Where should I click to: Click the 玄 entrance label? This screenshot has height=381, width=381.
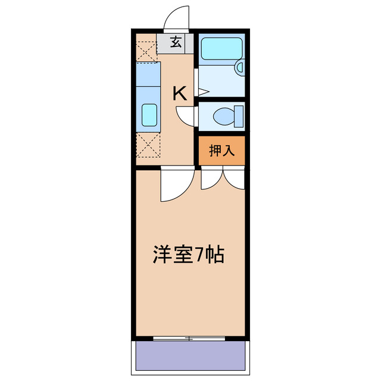click(x=176, y=43)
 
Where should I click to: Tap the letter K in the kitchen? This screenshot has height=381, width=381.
click(x=180, y=93)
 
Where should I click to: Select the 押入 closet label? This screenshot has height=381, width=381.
click(x=221, y=151)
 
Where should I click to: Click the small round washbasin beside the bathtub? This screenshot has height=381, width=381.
click(x=240, y=68)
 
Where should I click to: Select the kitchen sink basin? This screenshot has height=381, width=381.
click(x=148, y=114)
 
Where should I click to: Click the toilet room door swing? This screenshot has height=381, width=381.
click(x=186, y=115)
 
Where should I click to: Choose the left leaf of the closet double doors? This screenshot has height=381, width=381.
click(x=212, y=179)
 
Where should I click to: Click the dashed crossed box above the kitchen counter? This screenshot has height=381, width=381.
click(x=146, y=47)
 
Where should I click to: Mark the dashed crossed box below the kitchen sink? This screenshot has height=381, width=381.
click(x=148, y=145)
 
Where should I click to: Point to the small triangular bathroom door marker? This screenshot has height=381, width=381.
click(x=202, y=92)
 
